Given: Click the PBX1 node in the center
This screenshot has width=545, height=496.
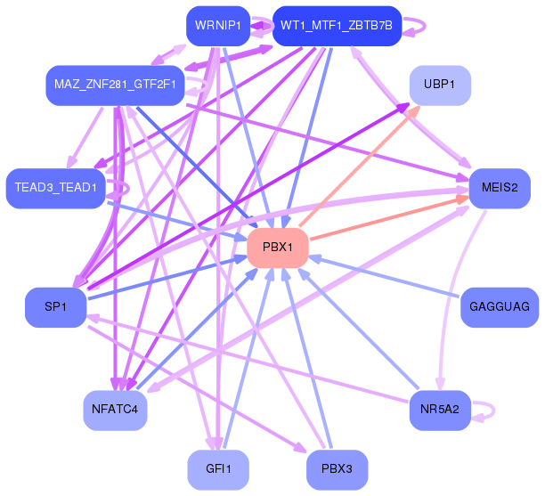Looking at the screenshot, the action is pyautogui.click(x=278, y=248).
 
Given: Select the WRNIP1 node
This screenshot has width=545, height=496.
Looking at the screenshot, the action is pyautogui.click(x=218, y=26).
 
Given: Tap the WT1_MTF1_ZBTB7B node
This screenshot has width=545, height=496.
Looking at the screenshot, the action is pyautogui.click(x=337, y=26).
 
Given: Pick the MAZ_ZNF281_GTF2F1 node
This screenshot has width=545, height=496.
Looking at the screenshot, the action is pyautogui.click(x=115, y=85).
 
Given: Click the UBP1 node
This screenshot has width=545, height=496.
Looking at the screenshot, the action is pyautogui.click(x=440, y=85).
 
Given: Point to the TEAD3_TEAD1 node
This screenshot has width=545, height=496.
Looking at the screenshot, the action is pyautogui.click(x=55, y=189).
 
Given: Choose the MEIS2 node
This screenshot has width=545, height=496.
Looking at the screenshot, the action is pyautogui.click(x=500, y=189).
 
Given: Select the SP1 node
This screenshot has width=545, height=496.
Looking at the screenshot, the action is pyautogui.click(x=55, y=307).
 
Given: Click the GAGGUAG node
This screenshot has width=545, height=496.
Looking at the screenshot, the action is pyautogui.click(x=500, y=307).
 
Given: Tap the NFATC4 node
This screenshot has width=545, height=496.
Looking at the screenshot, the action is pyautogui.click(x=115, y=411).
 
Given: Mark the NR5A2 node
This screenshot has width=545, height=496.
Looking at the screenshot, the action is pyautogui.click(x=440, y=411).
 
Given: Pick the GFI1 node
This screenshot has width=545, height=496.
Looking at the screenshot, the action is pyautogui.click(x=218, y=469).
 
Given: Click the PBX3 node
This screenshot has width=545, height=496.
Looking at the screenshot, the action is pyautogui.click(x=337, y=469).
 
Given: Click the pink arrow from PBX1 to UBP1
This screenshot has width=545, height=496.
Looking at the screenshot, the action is pyautogui.click(x=360, y=167).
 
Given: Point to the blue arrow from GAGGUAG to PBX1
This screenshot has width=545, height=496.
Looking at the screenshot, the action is pyautogui.click(x=384, y=277).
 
